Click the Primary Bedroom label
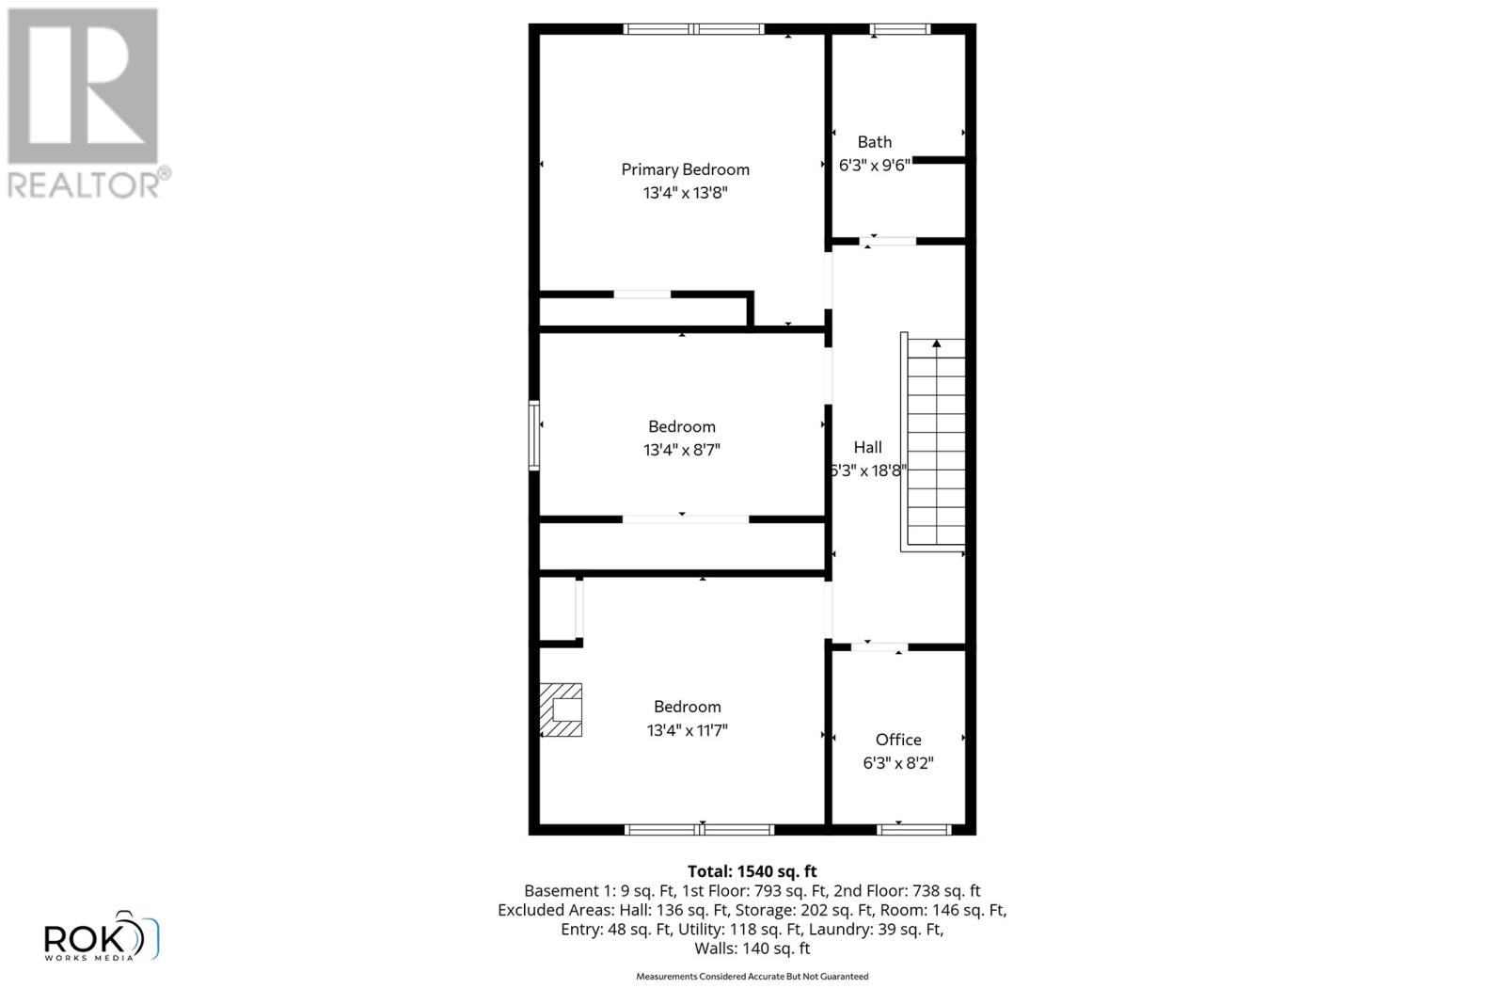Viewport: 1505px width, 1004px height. click(685, 169)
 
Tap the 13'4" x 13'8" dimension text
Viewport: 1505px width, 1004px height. click(685, 193)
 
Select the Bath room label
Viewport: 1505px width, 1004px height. click(874, 142)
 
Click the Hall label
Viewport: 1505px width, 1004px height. click(867, 448)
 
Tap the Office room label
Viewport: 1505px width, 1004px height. click(898, 740)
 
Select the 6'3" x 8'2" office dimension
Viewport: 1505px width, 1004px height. click(898, 763)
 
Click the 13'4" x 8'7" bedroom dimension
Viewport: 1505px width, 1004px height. click(681, 450)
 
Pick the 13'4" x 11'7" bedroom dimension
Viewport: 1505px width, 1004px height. click(687, 730)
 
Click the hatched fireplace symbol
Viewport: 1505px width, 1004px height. click(562, 709)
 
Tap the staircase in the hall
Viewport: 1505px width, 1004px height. click(934, 442)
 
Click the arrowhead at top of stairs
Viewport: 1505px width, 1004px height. click(936, 343)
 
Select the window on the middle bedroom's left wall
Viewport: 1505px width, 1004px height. click(534, 435)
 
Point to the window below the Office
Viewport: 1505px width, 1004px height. click(912, 829)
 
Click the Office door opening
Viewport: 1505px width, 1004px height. click(879, 647)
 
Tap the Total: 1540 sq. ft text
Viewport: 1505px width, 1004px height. click(752, 871)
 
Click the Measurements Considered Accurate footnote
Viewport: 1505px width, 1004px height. click(752, 977)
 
